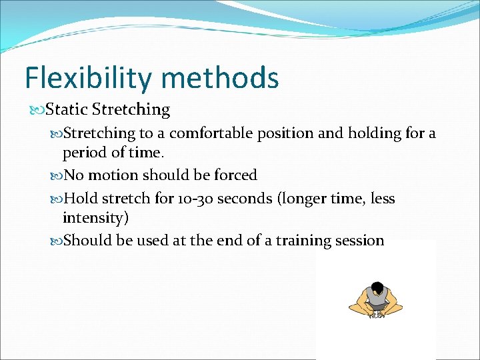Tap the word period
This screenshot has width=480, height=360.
(x=85, y=153)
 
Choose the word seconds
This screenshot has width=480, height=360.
(x=239, y=199)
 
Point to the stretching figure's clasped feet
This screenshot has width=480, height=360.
(x=378, y=314)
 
